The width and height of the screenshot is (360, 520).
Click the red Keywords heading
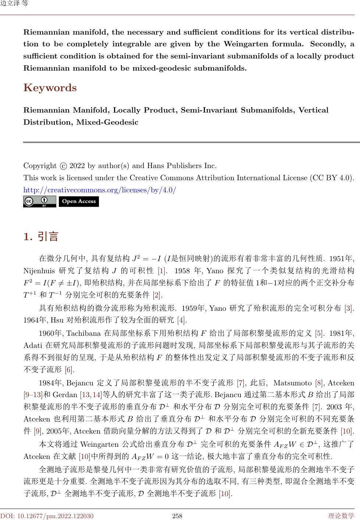tap(50, 88)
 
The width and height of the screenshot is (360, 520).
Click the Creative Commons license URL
tap(100, 190)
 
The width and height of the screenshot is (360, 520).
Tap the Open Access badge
tap(79, 202)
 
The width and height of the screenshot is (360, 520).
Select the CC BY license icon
tap(40, 202)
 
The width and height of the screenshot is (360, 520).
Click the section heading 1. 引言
tap(41, 236)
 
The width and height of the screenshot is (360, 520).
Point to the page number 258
tap(178, 516)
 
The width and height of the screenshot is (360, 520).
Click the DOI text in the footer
tap(47, 516)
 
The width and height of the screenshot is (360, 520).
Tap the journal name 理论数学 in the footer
tap(341, 516)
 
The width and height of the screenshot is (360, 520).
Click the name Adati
tap(32, 346)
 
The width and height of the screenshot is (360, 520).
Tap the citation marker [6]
tap(69, 369)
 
